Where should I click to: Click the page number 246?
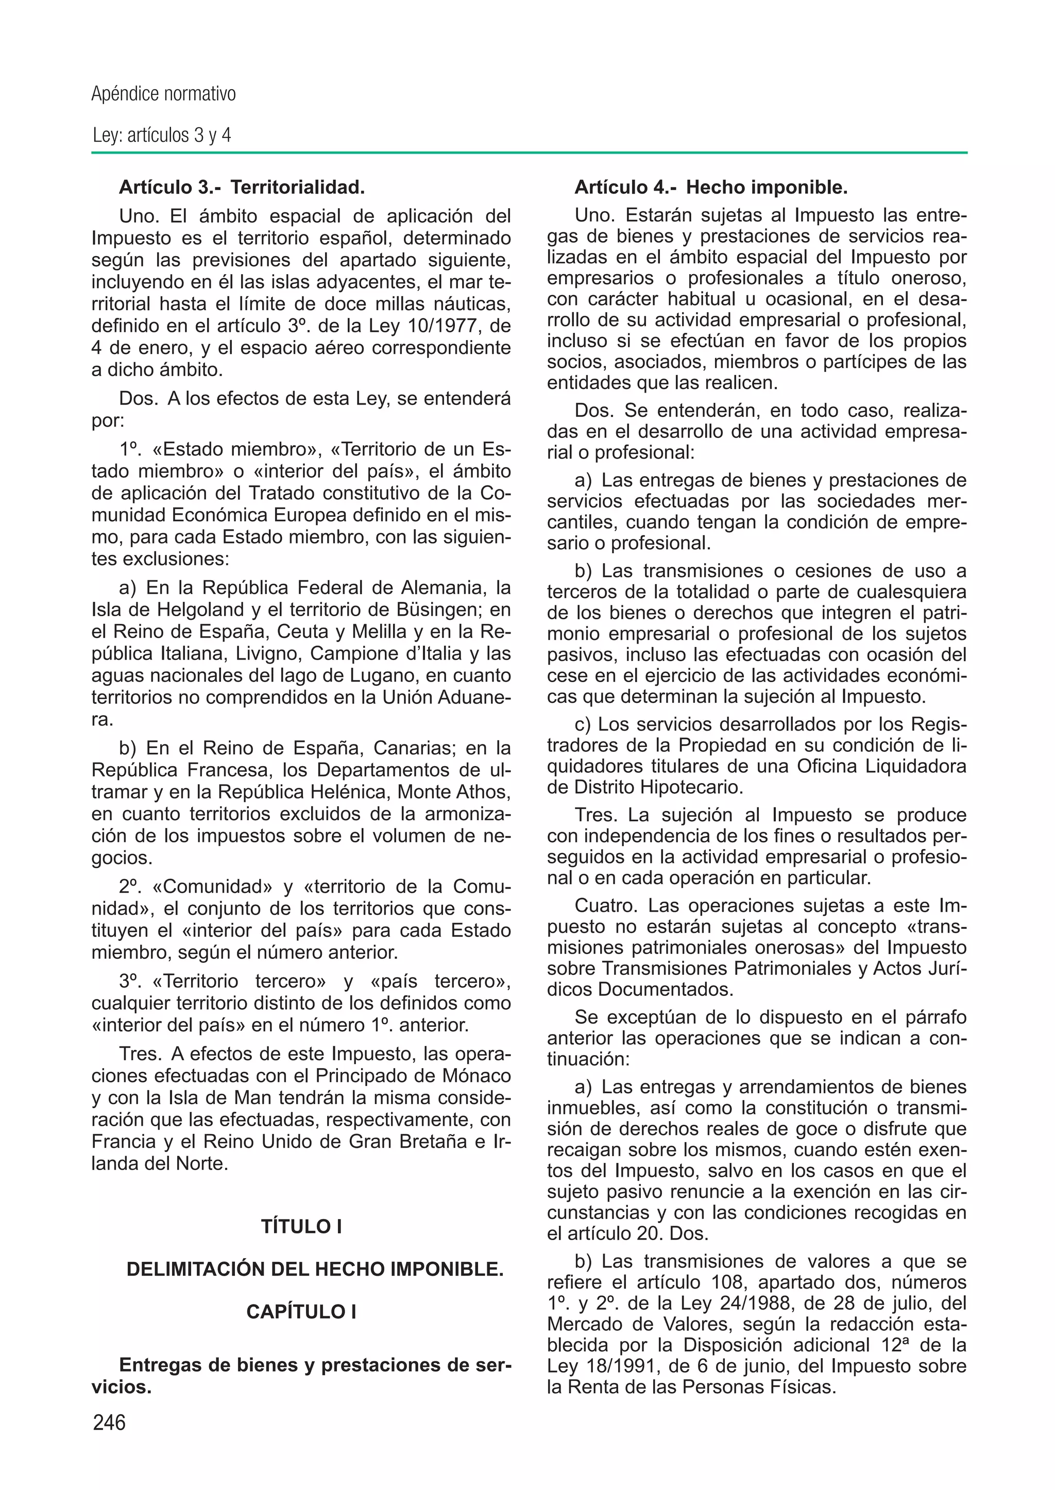click(x=109, y=1423)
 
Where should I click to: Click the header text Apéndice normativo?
click(x=163, y=94)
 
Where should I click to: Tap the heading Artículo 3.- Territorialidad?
click(x=242, y=188)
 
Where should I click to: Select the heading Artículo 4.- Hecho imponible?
click(x=711, y=188)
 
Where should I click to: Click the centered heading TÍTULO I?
click(x=301, y=1226)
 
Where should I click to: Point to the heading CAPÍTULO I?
click(x=301, y=1312)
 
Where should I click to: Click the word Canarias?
click(x=416, y=748)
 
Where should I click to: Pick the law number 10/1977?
click(x=451, y=326)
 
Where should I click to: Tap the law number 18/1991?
click(x=600, y=1366)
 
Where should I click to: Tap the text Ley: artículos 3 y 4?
click(x=162, y=135)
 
